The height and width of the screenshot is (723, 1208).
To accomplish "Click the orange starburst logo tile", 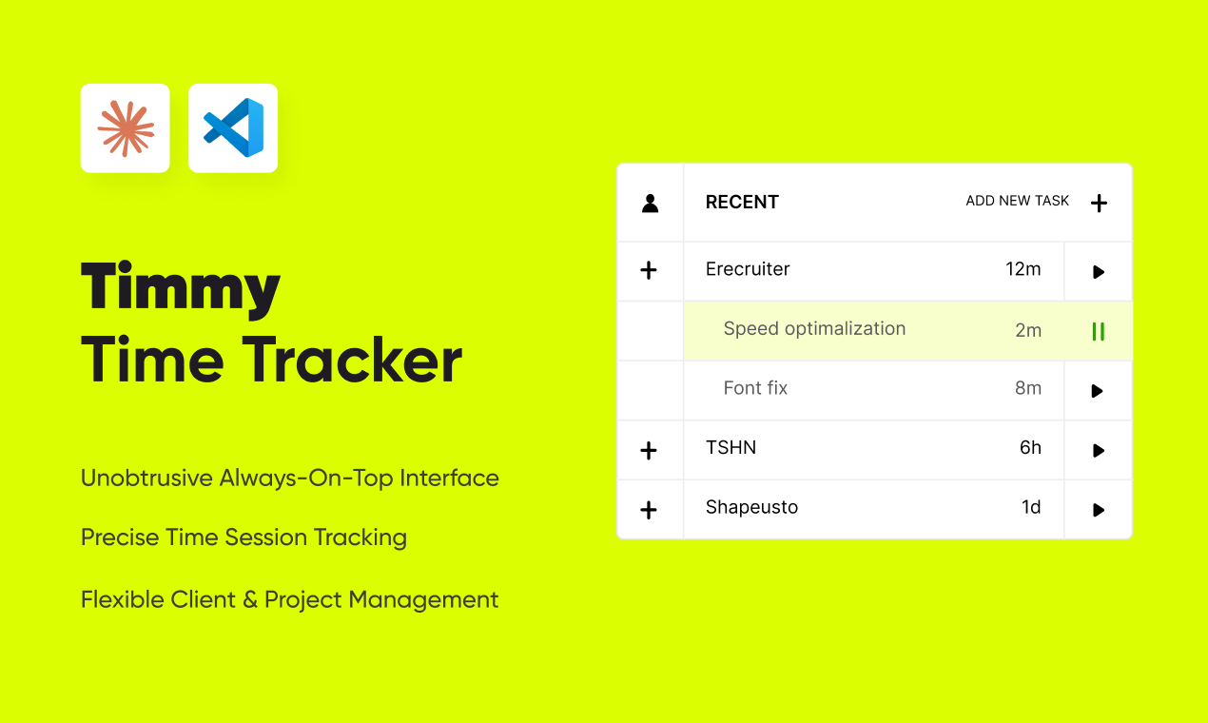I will point(126,128).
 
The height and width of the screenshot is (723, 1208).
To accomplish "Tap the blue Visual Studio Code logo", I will point(233,128).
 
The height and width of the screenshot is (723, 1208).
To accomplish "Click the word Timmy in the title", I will point(181,287).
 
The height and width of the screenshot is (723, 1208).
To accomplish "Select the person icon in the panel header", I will point(651,203).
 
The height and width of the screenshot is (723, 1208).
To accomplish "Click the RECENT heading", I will point(742,202).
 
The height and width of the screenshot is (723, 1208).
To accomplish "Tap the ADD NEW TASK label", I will point(1017,201).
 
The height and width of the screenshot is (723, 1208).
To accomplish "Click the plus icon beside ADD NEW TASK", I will point(1099,203).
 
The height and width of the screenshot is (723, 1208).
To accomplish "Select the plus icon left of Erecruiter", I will point(649,270).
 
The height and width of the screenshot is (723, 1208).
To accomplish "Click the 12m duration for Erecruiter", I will point(1023,269).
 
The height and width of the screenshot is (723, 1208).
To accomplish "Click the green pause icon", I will point(1098,331).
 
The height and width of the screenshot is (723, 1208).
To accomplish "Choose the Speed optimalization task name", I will point(814,329).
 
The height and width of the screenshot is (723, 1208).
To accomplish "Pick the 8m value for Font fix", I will point(1028,388).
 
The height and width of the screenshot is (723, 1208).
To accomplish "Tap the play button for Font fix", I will point(1098,391).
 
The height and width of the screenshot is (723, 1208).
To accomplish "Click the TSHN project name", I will point(731,447).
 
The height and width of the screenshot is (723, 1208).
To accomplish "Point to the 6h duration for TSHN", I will point(1030,447).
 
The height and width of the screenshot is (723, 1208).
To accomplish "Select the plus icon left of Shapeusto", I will point(649,510).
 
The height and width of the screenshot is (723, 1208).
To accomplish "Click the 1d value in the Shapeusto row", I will point(1031,507).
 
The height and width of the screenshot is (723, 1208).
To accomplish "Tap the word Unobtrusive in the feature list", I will point(146,478).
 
